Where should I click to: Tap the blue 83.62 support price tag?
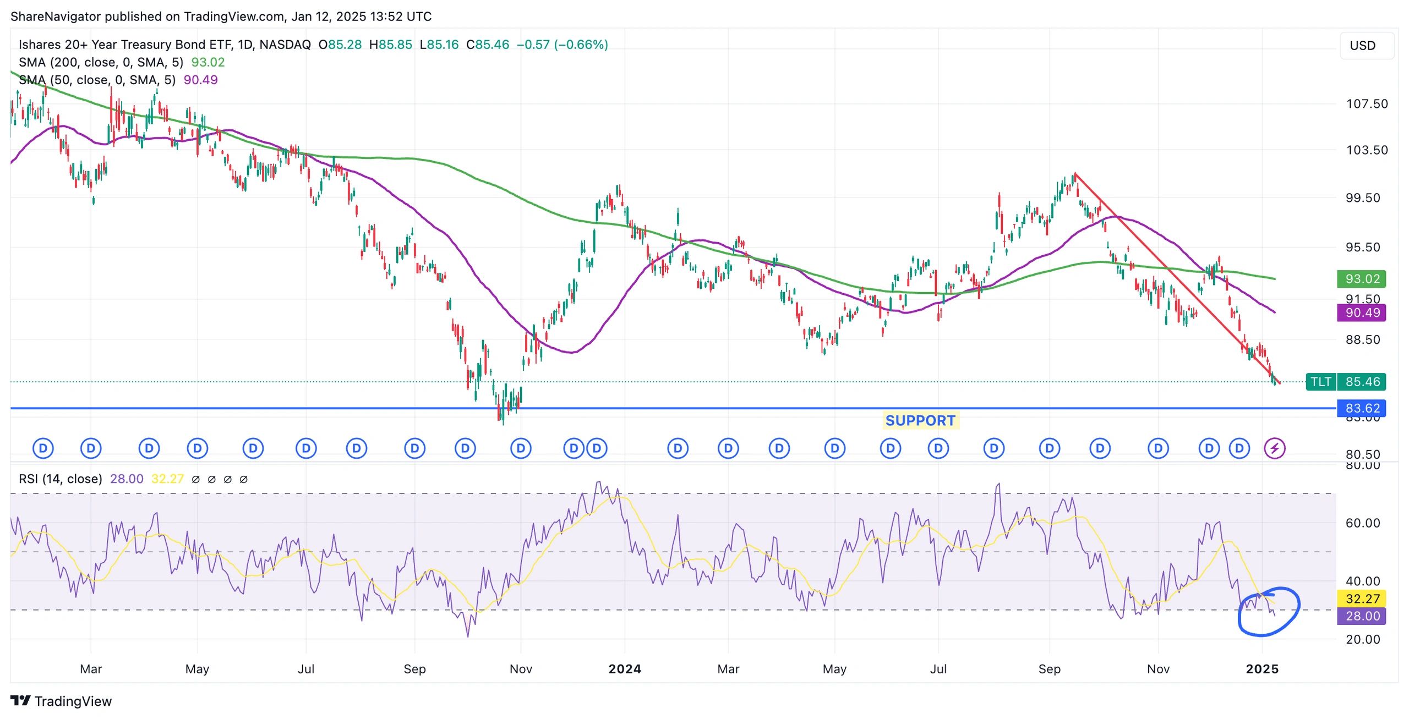(1362, 408)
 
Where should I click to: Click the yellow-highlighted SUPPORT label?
(920, 420)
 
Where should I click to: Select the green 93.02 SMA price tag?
(1362, 279)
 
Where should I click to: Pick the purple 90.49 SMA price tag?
(1362, 313)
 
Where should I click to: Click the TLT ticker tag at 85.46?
(1320, 382)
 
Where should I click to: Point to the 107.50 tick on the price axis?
(1367, 104)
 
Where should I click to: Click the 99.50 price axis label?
(1363, 198)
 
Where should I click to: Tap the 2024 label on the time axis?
(625, 669)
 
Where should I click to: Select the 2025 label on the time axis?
(1262, 669)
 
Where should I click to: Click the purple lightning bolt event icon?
(1275, 448)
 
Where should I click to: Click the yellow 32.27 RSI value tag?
(1362, 599)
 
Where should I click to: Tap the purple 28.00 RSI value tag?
(1362, 616)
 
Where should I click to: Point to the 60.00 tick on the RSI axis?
(1363, 523)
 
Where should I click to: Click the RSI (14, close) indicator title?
(61, 479)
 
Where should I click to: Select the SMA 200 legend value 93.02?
(208, 62)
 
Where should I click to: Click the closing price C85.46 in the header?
(488, 45)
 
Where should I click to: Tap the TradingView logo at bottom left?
(61, 701)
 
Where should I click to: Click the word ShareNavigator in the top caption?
(56, 17)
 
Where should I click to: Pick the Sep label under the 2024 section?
(1049, 669)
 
